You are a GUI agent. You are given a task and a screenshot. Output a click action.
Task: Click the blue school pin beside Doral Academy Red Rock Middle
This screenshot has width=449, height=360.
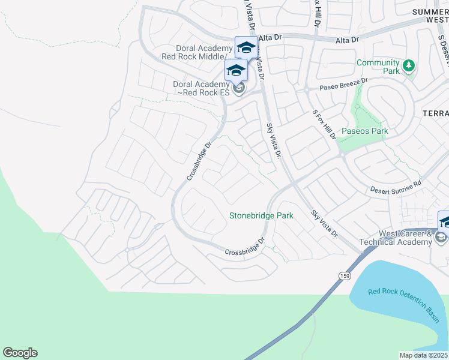(x=246, y=47)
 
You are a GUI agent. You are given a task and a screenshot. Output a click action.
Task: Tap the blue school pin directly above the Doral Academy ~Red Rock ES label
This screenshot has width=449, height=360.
(x=236, y=70)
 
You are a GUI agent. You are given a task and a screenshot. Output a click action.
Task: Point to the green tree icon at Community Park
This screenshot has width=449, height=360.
(x=409, y=65)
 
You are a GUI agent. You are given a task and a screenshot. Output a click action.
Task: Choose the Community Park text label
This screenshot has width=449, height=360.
(x=378, y=67)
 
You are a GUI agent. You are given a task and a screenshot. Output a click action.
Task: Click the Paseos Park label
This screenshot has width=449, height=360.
(x=364, y=131)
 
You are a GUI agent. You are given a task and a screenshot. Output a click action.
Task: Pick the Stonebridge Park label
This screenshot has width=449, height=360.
(x=261, y=215)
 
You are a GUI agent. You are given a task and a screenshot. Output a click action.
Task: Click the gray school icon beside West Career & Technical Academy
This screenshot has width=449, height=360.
(x=441, y=238)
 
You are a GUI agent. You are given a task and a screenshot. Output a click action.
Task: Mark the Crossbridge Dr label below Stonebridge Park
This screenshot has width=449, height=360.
(x=245, y=247)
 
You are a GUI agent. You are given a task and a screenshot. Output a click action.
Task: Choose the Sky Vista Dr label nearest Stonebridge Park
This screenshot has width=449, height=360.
(x=325, y=223)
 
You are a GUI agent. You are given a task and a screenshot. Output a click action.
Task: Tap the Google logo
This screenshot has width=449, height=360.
(x=20, y=353)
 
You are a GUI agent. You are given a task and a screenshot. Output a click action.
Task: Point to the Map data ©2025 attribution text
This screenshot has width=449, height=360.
(x=424, y=355)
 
